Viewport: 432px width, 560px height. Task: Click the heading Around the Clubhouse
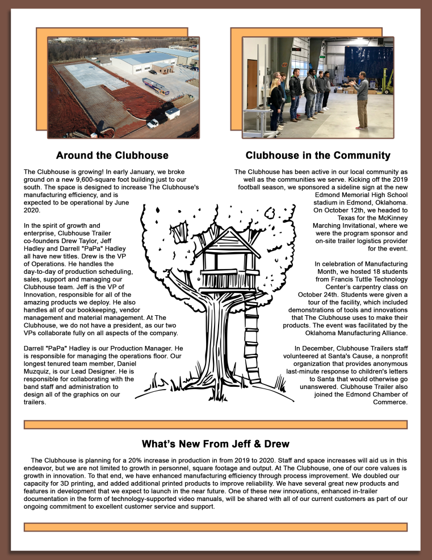pyautogui.click(x=112, y=155)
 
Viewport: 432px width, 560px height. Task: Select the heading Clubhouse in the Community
pyautogui.click(x=318, y=155)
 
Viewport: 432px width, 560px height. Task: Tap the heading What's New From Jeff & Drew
pyautogui.click(x=215, y=444)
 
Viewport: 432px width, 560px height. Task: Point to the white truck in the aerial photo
pyautogui.click(x=152, y=123)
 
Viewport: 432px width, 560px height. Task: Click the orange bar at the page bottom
pyautogui.click(x=215, y=527)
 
